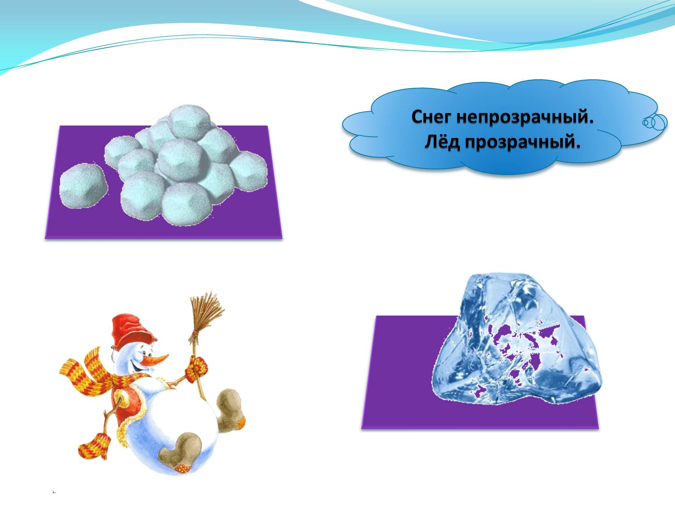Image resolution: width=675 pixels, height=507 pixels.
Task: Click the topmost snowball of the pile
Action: (x=189, y=122)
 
